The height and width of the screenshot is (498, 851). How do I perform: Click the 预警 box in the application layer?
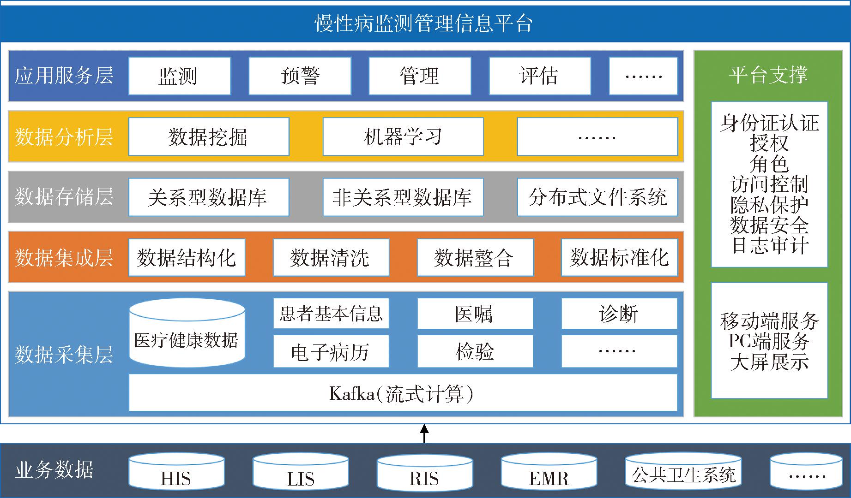click(x=300, y=76)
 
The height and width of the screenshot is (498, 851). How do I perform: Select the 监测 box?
click(x=180, y=76)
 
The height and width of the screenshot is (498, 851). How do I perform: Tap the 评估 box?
click(x=540, y=76)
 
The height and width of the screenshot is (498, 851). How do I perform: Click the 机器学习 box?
click(x=403, y=136)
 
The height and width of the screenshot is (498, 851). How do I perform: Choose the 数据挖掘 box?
click(x=209, y=136)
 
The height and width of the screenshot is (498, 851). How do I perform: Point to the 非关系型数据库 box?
click(x=403, y=197)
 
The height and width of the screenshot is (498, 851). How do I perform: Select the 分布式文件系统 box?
click(x=598, y=197)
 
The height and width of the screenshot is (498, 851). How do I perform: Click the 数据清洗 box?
click(x=331, y=257)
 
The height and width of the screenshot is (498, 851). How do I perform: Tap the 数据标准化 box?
click(x=620, y=257)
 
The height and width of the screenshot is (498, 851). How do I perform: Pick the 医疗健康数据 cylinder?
click(x=187, y=333)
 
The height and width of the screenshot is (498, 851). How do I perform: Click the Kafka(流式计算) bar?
click(x=403, y=393)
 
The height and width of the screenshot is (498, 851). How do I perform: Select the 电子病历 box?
click(x=331, y=351)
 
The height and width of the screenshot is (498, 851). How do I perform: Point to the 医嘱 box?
click(x=475, y=314)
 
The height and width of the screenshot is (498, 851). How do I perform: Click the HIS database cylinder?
click(x=176, y=471)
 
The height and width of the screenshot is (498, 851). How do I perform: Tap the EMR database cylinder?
click(x=549, y=471)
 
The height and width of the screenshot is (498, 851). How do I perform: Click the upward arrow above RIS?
click(x=424, y=434)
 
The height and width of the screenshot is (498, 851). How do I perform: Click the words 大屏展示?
click(x=769, y=362)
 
